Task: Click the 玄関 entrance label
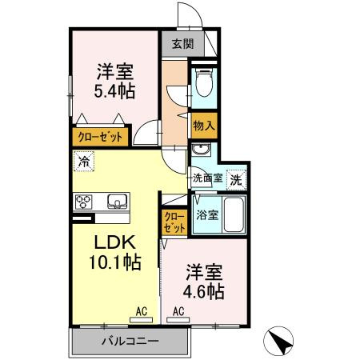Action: [182, 44]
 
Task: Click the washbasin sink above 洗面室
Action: [200, 150]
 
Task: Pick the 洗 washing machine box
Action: [236, 178]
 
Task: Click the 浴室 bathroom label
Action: [206, 215]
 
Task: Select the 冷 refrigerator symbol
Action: [84, 161]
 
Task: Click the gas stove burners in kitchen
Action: [85, 201]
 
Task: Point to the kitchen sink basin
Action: [114, 201]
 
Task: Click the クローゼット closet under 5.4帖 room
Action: [100, 137]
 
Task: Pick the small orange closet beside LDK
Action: [174, 221]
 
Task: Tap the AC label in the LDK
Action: [141, 311]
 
